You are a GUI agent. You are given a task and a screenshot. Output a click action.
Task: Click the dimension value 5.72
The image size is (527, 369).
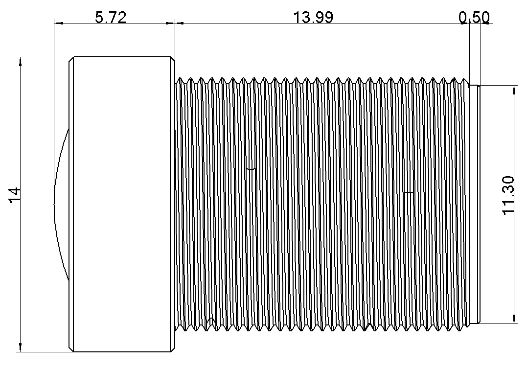pyautogui.click(x=111, y=18)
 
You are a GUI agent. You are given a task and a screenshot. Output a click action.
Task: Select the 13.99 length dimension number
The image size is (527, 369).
pyautogui.click(x=313, y=18)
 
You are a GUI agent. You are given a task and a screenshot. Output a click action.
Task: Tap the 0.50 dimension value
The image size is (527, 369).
pyautogui.click(x=474, y=18)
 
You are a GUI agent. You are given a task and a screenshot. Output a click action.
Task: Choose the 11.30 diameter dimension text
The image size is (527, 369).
pyautogui.click(x=509, y=195)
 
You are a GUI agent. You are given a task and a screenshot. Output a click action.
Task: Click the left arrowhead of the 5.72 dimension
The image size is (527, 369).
pyautogui.click(x=58, y=23)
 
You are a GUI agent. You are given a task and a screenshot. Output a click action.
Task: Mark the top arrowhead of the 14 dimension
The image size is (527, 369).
pyautogui.click(x=20, y=61)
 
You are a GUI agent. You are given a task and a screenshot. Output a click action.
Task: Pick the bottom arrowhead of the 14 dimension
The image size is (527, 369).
pyautogui.click(x=20, y=347)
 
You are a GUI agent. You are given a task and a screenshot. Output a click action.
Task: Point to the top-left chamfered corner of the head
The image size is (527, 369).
pyautogui.click(x=71, y=60)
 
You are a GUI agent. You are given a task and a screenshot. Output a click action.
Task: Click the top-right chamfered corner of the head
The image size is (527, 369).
pyautogui.click(x=172, y=60)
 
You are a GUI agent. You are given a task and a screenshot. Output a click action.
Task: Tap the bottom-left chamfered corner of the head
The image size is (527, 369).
pyautogui.click(x=71, y=348)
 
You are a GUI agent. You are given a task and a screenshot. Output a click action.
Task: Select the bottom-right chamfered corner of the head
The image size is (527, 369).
pyautogui.click(x=172, y=348)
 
